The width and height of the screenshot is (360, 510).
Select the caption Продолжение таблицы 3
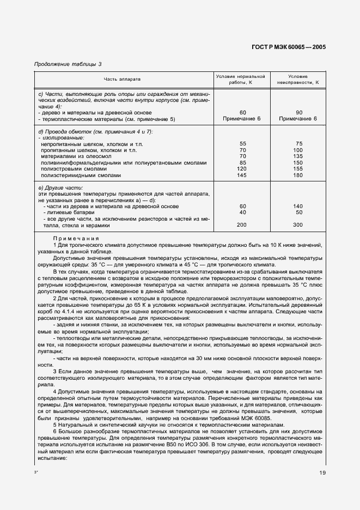pyautogui.click(x=68, y=64)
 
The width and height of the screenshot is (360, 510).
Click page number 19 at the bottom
pyautogui.click(x=322, y=472)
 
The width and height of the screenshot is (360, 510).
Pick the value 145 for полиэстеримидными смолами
pyautogui.click(x=243, y=175)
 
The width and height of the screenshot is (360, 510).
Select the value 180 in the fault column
pyautogui.click(x=297, y=175)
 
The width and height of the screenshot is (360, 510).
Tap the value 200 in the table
pyautogui.click(x=243, y=224)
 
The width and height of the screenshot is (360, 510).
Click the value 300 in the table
pyautogui.click(x=297, y=224)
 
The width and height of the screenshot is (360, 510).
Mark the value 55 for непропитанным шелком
pyautogui.click(x=243, y=143)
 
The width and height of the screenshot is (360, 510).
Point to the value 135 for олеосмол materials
pyautogui.click(x=297, y=156)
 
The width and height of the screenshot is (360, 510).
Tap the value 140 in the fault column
pyautogui.click(x=297, y=206)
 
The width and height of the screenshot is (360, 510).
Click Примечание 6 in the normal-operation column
pyautogui.click(x=243, y=118)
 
